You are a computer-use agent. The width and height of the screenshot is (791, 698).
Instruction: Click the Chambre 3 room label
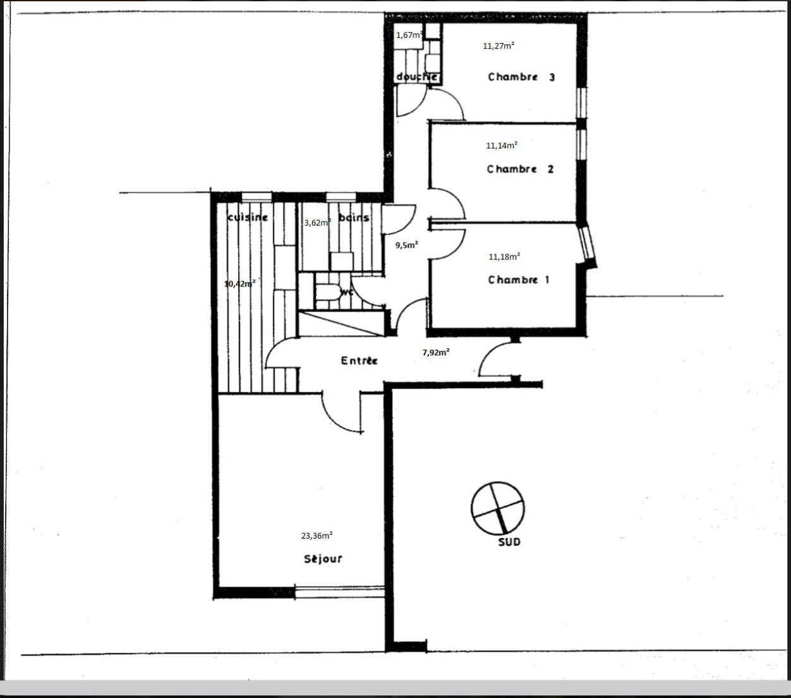tap(521, 77)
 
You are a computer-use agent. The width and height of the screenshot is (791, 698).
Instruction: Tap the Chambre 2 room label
tap(520, 169)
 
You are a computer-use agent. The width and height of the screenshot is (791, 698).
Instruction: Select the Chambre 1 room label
tap(518, 280)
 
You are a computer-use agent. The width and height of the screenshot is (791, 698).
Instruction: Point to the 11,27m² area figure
tap(498, 46)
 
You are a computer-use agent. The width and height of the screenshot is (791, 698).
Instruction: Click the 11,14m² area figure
tap(502, 145)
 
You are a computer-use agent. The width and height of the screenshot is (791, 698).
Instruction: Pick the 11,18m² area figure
tap(504, 257)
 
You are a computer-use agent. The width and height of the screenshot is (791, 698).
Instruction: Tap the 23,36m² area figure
tap(317, 536)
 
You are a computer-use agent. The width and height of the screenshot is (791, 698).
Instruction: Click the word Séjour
tap(323, 559)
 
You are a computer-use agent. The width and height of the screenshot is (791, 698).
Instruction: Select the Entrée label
tap(359, 360)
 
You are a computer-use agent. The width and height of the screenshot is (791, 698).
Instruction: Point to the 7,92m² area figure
tap(436, 352)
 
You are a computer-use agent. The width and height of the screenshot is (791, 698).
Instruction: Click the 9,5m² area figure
tap(406, 245)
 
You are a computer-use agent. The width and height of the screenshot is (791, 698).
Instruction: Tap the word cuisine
tap(248, 217)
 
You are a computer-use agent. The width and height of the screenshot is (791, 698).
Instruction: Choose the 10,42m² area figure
tap(240, 284)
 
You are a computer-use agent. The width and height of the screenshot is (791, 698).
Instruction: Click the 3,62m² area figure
tap(317, 223)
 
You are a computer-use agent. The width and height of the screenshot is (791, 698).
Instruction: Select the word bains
tap(354, 217)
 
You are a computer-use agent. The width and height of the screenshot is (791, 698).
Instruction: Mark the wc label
tap(346, 293)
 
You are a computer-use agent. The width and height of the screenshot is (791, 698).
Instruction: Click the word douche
tap(417, 77)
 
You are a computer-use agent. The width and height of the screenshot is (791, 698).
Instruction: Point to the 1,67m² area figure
tap(409, 35)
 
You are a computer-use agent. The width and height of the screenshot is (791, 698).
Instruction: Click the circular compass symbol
tap(498, 508)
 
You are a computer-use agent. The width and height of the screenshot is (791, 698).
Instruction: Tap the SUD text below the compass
tap(509, 542)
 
